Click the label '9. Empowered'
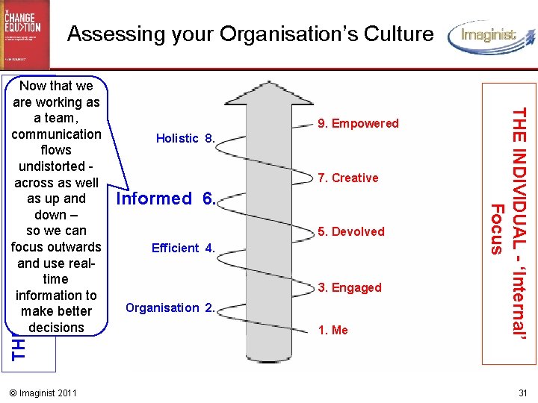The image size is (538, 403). pyautogui.click(x=359, y=124)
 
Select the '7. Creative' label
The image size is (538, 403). pyautogui.click(x=347, y=178)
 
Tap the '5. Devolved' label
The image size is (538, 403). pyautogui.click(x=351, y=232)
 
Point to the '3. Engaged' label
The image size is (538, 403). pyautogui.click(x=350, y=288)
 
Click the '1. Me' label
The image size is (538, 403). pyautogui.click(x=333, y=331)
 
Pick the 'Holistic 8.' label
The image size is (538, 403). pyautogui.click(x=185, y=138)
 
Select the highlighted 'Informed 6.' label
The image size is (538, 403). pyautogui.click(x=166, y=199)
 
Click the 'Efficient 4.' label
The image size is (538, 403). pyautogui.click(x=183, y=248)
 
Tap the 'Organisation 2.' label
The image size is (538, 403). pyautogui.click(x=170, y=307)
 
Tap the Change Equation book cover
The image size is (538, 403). pyautogui.click(x=25, y=34)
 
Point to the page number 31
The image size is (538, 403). pyautogui.click(x=522, y=393)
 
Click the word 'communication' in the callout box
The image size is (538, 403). pyautogui.click(x=56, y=134)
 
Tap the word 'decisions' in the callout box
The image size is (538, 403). pyautogui.click(x=56, y=328)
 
